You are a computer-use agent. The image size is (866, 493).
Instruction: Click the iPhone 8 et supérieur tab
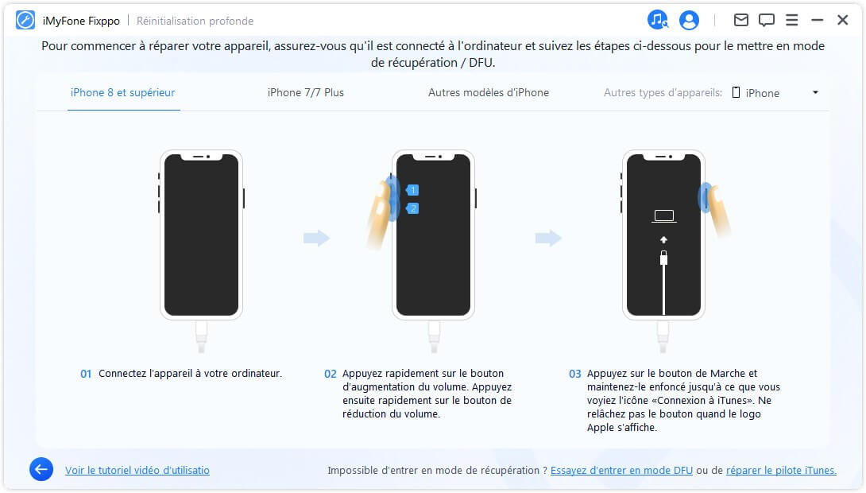click(x=123, y=92)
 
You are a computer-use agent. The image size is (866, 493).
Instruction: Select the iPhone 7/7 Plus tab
click(x=306, y=92)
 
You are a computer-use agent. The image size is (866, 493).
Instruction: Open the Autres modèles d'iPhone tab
click(x=488, y=92)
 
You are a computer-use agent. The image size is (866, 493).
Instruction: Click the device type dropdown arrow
click(x=815, y=92)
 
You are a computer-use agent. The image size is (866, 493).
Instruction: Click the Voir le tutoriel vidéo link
click(x=137, y=470)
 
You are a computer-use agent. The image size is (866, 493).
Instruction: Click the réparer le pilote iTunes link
click(x=781, y=470)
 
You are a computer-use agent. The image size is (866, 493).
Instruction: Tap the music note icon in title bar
click(x=658, y=21)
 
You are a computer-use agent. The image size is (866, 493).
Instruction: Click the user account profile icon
click(x=689, y=21)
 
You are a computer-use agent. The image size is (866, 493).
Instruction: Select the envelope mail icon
click(x=740, y=20)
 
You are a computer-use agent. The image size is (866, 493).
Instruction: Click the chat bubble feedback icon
click(x=766, y=20)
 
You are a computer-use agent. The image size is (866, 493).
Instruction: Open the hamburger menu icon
click(x=792, y=20)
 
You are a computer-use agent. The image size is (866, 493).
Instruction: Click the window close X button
click(x=843, y=20)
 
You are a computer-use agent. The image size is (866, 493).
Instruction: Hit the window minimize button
click(x=818, y=20)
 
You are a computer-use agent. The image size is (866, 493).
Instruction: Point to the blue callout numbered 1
click(x=412, y=190)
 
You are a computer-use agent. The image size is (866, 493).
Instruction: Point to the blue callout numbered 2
click(x=412, y=208)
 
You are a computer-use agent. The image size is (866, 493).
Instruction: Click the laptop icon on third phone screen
click(x=663, y=216)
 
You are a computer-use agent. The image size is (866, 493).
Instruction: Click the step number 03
click(x=575, y=374)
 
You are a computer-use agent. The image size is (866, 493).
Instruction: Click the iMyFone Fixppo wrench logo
click(x=25, y=21)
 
